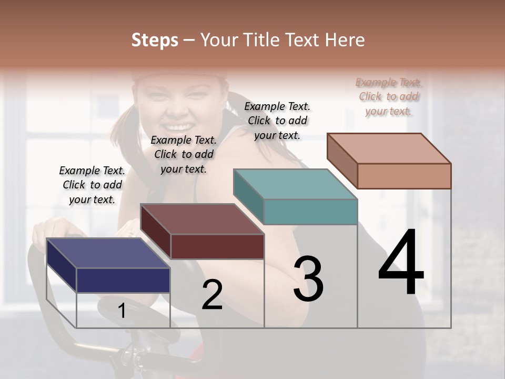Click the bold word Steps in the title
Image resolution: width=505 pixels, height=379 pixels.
click(154, 40)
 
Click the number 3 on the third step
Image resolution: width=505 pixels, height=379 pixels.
click(308, 278)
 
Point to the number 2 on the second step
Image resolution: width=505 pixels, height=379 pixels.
click(212, 294)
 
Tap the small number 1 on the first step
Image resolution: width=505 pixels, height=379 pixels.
click(122, 311)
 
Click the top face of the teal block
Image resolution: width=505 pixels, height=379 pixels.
click(295, 184)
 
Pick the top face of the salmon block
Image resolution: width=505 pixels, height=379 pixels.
click(389, 148)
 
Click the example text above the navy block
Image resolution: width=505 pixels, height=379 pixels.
click(92, 185)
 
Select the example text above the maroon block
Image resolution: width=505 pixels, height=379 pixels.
click(184, 154)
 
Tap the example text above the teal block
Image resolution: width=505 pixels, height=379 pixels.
click(277, 121)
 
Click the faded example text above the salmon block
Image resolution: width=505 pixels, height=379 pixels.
click(389, 96)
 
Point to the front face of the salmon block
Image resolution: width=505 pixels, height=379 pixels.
click(404, 176)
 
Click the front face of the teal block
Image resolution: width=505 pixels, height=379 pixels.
click(310, 212)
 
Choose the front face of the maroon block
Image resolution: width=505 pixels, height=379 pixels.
click(217, 246)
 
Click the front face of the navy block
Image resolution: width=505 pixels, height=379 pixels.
click(123, 280)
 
